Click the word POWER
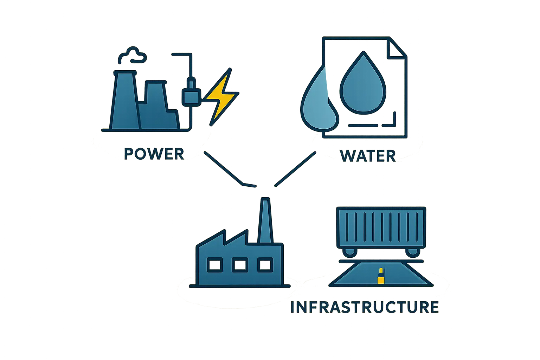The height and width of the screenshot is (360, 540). pyautogui.click(x=154, y=154)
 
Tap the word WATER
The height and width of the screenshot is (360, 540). pyautogui.click(x=368, y=156)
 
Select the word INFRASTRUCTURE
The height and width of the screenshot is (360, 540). pyautogui.click(x=365, y=307)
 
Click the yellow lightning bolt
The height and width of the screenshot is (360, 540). pyautogui.click(x=220, y=97)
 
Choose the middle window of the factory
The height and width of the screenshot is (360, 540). pyautogui.click(x=240, y=265)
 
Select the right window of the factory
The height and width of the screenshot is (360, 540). pyautogui.click(x=265, y=265)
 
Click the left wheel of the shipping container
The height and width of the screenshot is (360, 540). pyautogui.click(x=349, y=252)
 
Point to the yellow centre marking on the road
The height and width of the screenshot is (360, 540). pyautogui.click(x=380, y=276)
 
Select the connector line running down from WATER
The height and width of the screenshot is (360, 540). pyautogui.click(x=295, y=169)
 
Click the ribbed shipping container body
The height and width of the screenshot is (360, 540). pyautogui.click(x=381, y=226)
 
